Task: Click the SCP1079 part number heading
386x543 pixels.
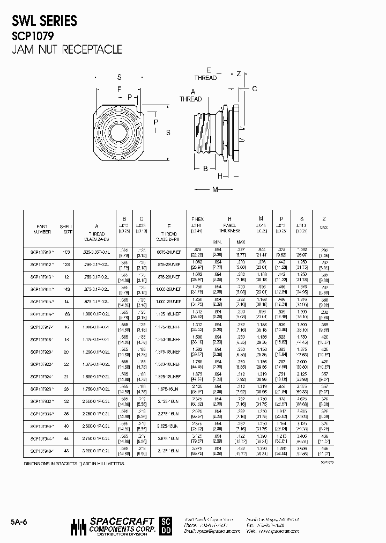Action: (x=33, y=36)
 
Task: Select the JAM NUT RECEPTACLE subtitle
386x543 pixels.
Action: (x=66, y=50)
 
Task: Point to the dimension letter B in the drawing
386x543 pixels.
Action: (x=205, y=168)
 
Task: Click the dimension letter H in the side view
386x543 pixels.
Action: (x=220, y=176)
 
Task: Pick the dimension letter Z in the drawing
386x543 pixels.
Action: (x=239, y=74)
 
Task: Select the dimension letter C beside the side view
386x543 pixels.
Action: (x=255, y=89)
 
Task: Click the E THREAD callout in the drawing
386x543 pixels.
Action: (x=206, y=75)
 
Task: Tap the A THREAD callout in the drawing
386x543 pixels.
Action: (x=191, y=96)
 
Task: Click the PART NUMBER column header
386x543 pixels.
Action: (x=42, y=229)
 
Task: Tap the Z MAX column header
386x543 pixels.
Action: (x=323, y=224)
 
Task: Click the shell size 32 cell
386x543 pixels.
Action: (x=67, y=401)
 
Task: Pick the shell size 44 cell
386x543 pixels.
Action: (x=67, y=438)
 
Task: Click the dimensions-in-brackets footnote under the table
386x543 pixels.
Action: (x=75, y=463)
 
